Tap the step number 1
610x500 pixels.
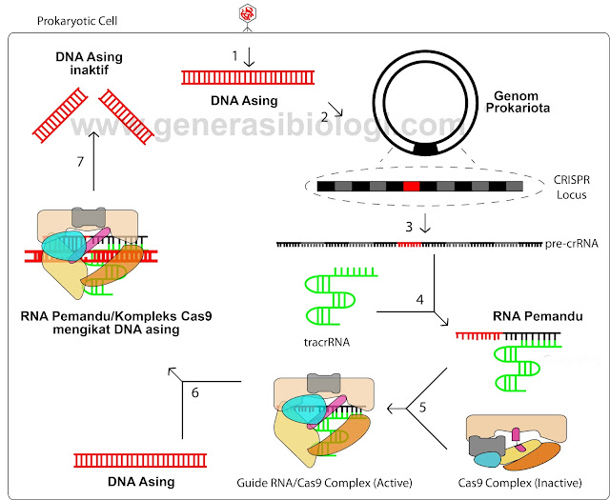(x=234, y=56)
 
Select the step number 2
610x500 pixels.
(x=324, y=117)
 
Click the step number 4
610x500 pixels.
(x=419, y=300)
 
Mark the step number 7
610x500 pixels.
(x=81, y=163)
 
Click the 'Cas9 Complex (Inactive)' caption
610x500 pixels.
(x=518, y=483)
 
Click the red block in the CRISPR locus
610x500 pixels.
(x=411, y=187)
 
